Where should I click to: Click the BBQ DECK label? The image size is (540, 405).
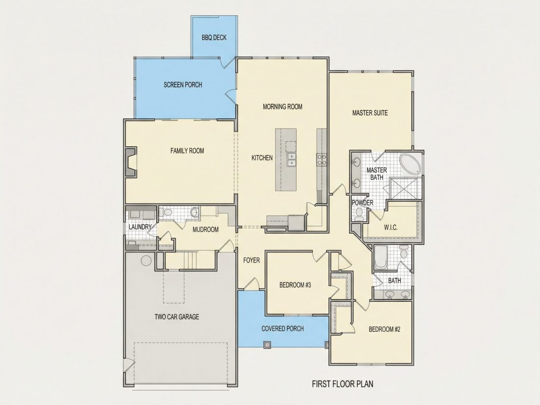tap(214, 37)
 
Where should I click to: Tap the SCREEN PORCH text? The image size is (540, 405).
tap(183, 85)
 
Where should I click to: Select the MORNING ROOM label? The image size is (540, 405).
tap(282, 107)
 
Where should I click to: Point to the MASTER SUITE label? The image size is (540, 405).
tap(370, 112)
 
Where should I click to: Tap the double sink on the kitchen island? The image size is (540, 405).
tap(291, 160)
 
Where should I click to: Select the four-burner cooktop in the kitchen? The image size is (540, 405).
tap(322, 160)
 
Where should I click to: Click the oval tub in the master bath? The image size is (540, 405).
tap(410, 164)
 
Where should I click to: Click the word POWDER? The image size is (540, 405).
tap(362, 203)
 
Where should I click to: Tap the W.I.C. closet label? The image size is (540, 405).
tap(391, 228)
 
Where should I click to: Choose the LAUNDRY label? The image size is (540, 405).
tap(140, 227)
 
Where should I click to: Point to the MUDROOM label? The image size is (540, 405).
tap(206, 230)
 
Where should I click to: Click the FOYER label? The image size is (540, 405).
tap(251, 260)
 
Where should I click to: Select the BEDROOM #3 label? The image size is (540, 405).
tap(295, 285)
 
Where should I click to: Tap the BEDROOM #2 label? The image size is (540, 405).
tap(384, 329)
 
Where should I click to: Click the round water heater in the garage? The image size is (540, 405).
tap(146, 260)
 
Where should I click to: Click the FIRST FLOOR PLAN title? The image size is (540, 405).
tap(343, 384)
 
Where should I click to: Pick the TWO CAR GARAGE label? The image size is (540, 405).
tap(177, 317)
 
